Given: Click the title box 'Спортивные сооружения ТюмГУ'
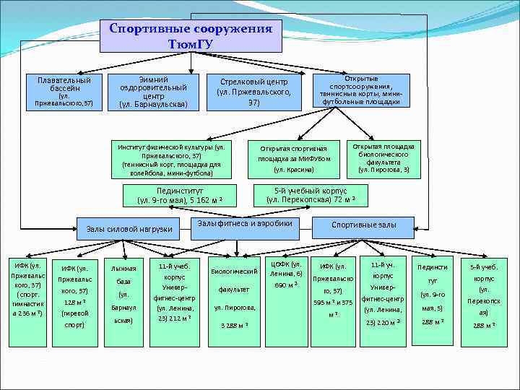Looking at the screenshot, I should click(x=190, y=36).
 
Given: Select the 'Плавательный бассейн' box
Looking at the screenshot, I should click(x=64, y=90).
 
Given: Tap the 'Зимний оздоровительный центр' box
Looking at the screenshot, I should click(x=153, y=91).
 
